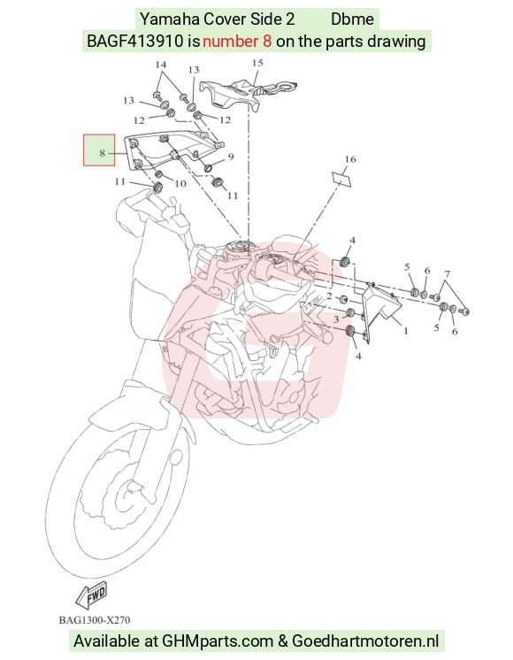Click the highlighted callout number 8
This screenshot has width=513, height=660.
103,153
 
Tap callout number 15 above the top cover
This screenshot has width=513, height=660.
257,63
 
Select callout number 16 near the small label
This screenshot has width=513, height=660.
350,159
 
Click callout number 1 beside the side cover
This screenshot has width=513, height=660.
406,331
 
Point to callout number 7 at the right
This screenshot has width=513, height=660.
447,274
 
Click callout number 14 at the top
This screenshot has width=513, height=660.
161,65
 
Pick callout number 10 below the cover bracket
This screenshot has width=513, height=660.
180,183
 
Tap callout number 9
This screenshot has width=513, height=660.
231,157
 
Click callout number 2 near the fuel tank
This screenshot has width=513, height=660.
330,295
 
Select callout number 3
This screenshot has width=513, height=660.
336,319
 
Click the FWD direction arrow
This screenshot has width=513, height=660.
92,595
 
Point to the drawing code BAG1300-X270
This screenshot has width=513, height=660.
95,620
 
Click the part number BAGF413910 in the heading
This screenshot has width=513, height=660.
135,42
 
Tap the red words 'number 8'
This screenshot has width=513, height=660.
237,42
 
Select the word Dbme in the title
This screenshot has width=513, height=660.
353,19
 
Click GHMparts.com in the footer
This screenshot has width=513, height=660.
218,641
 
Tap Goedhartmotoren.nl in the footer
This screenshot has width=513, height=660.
365,641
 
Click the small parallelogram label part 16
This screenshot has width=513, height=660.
341,178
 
